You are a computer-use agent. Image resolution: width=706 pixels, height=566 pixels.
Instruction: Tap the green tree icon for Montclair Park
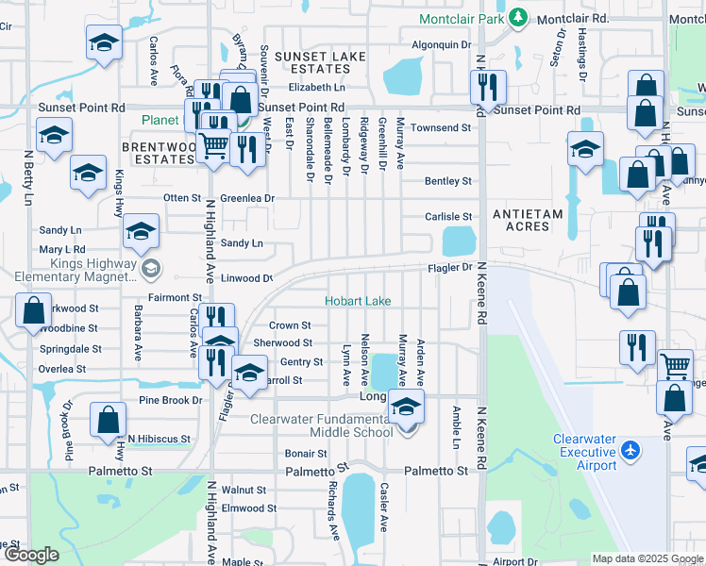click(x=517, y=17)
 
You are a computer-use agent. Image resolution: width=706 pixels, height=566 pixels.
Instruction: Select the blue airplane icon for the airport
click(x=631, y=451)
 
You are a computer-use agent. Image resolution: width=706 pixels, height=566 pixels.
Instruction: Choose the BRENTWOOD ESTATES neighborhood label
click(x=158, y=153)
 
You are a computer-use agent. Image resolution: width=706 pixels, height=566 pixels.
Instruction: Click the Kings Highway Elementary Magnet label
click(x=70, y=272)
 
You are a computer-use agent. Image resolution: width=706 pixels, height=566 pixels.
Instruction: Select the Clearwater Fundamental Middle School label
click(x=321, y=425)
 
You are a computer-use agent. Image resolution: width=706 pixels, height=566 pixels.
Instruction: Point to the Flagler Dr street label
click(x=452, y=268)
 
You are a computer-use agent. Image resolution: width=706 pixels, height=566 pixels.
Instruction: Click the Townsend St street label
click(x=440, y=127)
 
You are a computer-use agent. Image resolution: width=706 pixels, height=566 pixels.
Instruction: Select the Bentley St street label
click(x=447, y=181)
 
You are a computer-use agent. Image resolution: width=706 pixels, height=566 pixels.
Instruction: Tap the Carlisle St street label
click(x=447, y=217)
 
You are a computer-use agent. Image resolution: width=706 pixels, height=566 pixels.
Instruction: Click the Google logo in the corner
click(x=31, y=555)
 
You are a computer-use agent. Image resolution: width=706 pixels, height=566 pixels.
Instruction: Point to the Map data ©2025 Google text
click(x=647, y=558)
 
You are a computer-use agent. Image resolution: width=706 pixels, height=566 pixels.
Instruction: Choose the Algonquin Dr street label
click(x=441, y=45)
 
